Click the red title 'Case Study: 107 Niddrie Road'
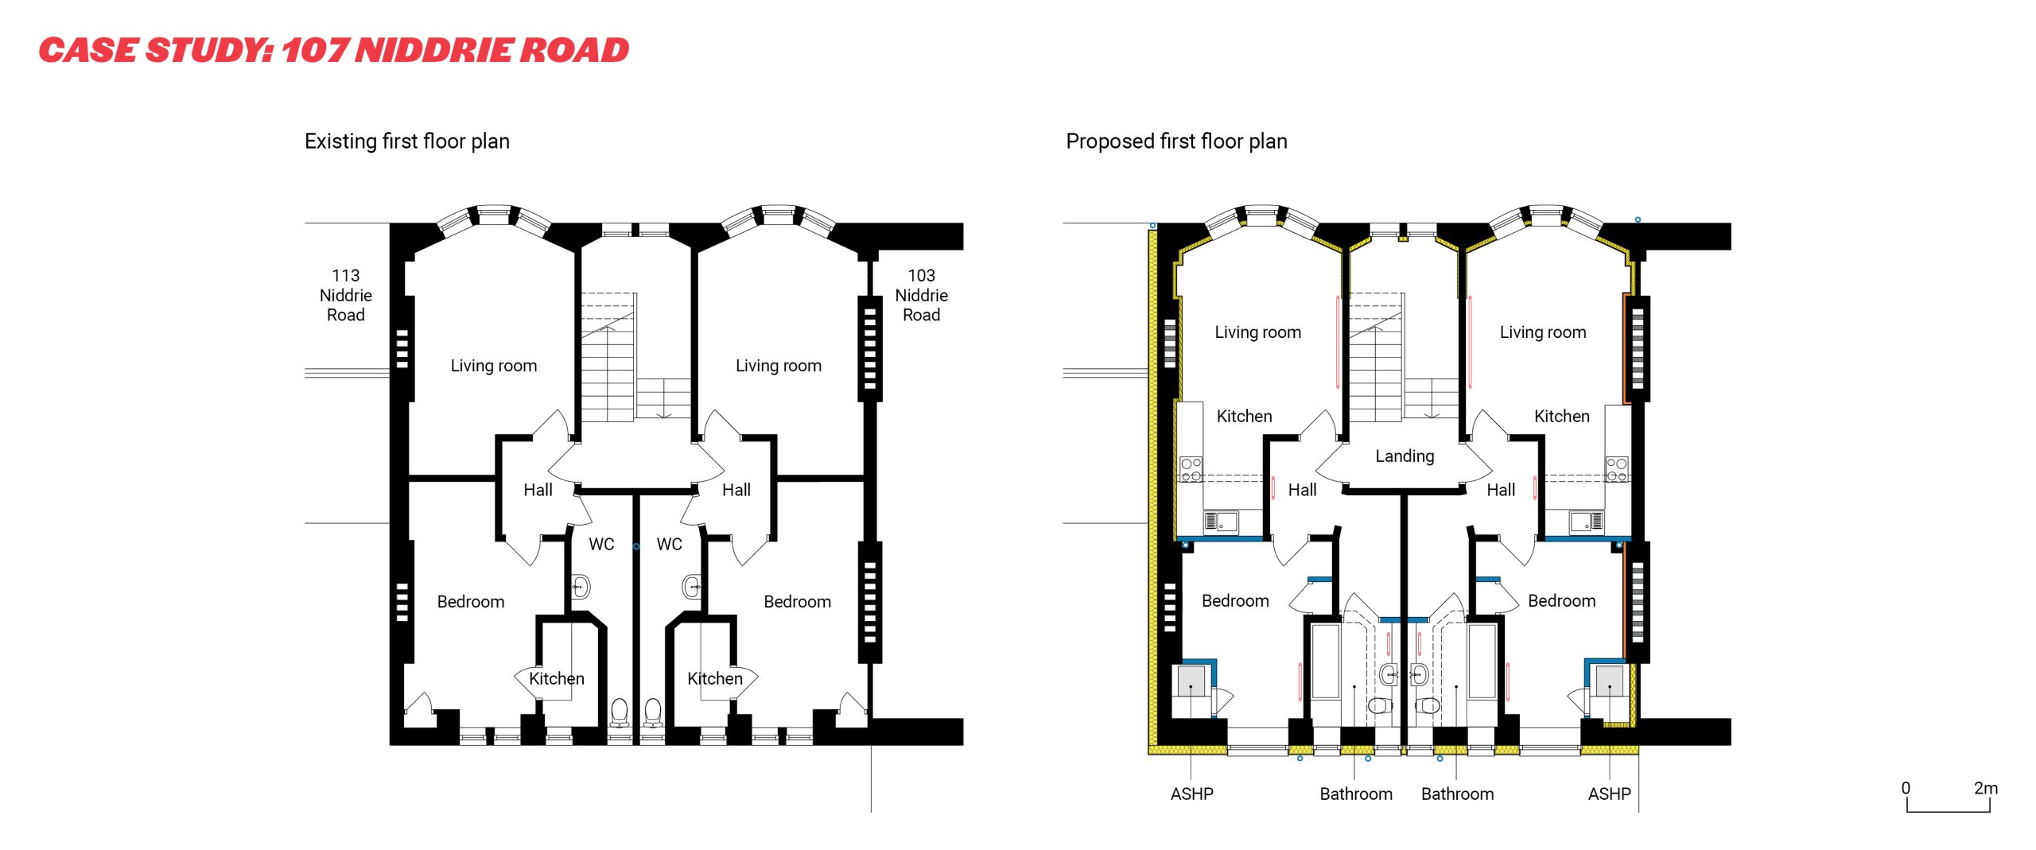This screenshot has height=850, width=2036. (x=334, y=50)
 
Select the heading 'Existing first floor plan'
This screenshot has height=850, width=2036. (x=406, y=142)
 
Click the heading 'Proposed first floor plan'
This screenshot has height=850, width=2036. (x=1175, y=142)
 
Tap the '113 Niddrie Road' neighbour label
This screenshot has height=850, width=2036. (x=345, y=295)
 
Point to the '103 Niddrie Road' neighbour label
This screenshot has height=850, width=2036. (x=921, y=295)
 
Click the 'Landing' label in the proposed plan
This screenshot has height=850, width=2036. (x=1405, y=456)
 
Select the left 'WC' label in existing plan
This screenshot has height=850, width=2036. (x=601, y=544)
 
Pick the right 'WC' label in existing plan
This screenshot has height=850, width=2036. (x=669, y=544)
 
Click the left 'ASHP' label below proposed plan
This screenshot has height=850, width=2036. (x=1191, y=794)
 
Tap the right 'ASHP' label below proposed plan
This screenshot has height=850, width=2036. (x=1609, y=794)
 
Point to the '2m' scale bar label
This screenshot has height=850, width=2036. (x=1985, y=788)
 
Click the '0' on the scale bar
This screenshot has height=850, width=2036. (x=1906, y=788)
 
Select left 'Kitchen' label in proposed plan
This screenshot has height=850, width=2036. (x=1244, y=416)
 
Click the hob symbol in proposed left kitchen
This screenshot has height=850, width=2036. (x=1191, y=469)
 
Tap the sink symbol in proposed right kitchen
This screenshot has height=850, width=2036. (x=1586, y=522)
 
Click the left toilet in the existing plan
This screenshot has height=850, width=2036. (x=619, y=712)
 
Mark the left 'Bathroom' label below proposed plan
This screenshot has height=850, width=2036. (x=1355, y=794)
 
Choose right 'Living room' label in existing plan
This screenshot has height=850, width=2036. (x=778, y=366)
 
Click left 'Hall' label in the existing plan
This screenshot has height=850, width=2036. (x=538, y=490)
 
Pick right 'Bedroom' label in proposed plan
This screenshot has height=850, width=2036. (x=1561, y=600)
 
